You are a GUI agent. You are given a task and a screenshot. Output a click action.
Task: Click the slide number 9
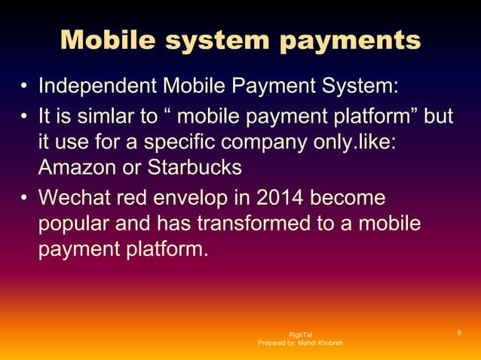(459, 333)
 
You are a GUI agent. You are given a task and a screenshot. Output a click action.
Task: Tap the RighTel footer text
(300, 334)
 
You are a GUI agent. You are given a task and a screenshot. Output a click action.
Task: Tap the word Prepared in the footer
(273, 343)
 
